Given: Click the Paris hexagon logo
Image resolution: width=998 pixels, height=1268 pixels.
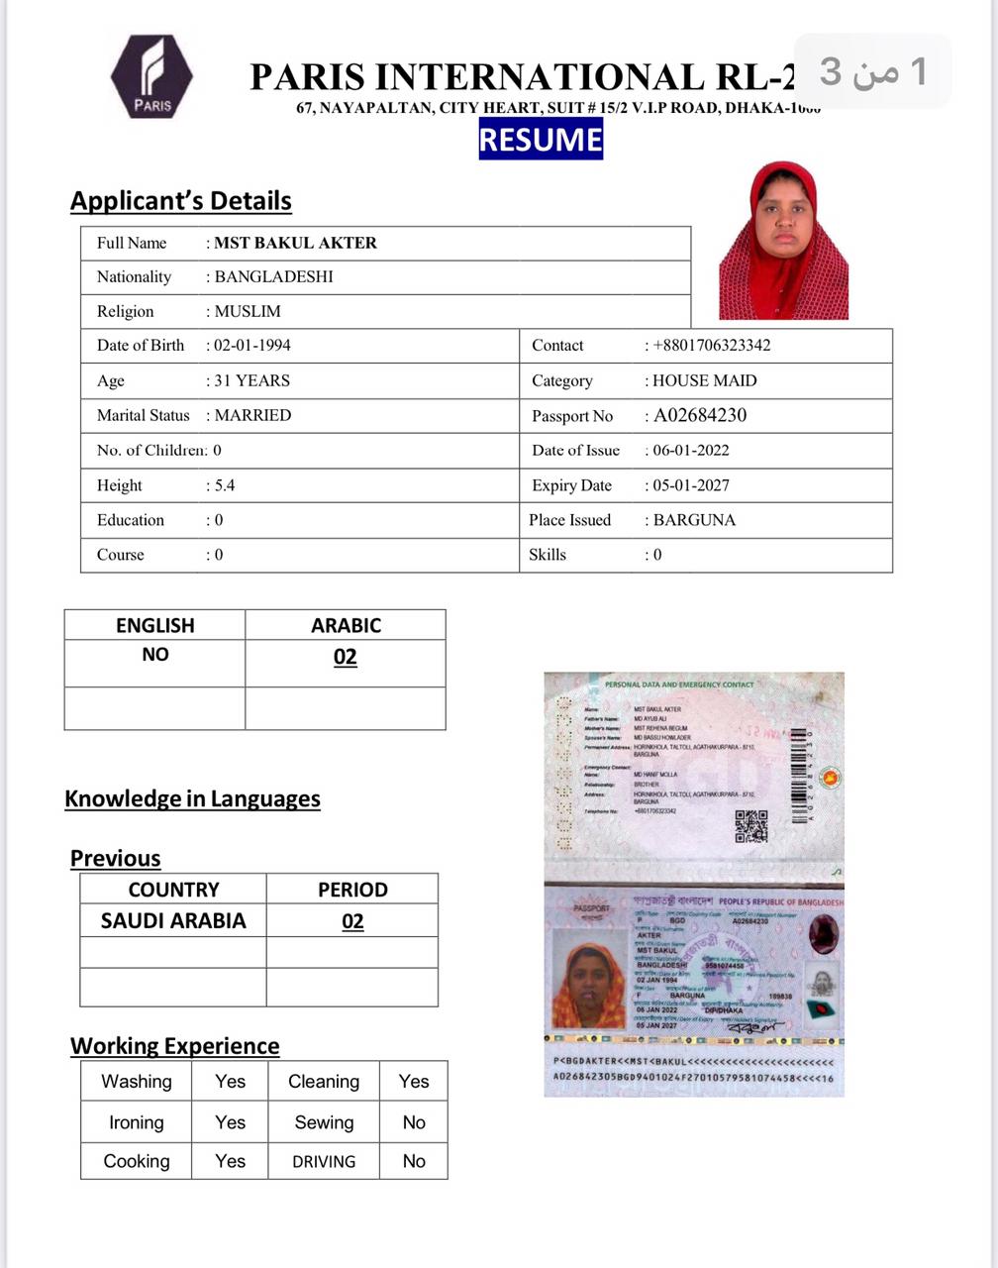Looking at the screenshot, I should click(151, 76).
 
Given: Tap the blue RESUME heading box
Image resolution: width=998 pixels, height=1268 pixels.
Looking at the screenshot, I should click(541, 139).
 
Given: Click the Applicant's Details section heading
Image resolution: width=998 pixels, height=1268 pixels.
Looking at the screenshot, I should click(181, 201).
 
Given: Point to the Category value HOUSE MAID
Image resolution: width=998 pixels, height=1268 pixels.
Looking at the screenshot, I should click(704, 380).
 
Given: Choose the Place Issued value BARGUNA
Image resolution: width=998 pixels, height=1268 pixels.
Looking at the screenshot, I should click(694, 520).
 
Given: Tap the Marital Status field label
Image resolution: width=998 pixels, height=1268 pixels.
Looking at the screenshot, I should click(143, 415).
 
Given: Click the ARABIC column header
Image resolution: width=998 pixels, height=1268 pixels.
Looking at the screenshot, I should click(346, 625).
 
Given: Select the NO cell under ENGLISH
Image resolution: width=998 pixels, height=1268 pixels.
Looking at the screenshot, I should click(155, 655).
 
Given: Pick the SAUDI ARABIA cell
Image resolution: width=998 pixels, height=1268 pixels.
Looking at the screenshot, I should click(173, 920).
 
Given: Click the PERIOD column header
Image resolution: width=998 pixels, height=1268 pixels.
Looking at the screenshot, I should click(352, 890).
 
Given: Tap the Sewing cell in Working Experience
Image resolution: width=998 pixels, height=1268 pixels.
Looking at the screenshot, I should click(324, 1122).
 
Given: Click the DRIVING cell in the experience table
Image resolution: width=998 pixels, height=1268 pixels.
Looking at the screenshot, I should click(324, 1162).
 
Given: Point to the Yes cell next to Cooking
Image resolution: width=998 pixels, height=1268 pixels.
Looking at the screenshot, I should click(230, 1161).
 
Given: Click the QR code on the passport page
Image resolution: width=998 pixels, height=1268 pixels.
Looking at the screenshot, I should click(751, 825).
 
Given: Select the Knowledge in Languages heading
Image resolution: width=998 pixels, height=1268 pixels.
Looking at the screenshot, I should click(192, 798).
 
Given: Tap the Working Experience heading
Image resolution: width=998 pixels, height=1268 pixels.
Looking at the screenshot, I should click(175, 1046).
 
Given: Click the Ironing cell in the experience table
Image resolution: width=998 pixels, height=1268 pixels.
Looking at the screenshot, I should click(137, 1122).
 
